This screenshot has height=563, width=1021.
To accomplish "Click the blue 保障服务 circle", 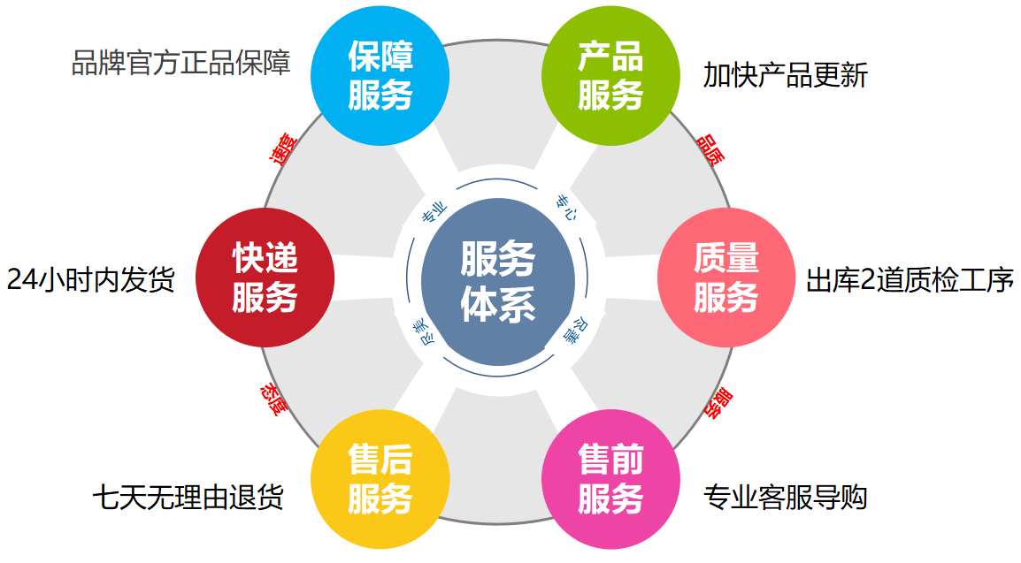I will coord(380,76).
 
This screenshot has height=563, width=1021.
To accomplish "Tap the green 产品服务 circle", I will coord(610,76).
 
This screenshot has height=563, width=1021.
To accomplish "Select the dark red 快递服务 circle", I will coord(265,277).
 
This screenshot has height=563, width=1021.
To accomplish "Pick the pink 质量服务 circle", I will coord(726,277).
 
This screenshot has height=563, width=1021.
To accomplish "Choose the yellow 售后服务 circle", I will coord(380,479).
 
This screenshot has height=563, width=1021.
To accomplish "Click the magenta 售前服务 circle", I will coord(610,479).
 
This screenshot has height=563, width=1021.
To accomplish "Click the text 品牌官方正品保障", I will coord(180,64).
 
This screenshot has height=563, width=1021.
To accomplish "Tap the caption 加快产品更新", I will coord(786,76).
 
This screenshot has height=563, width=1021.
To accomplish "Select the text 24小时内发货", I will coord(91,280).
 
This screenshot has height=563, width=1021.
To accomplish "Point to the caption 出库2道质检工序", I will coord(910,281).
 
